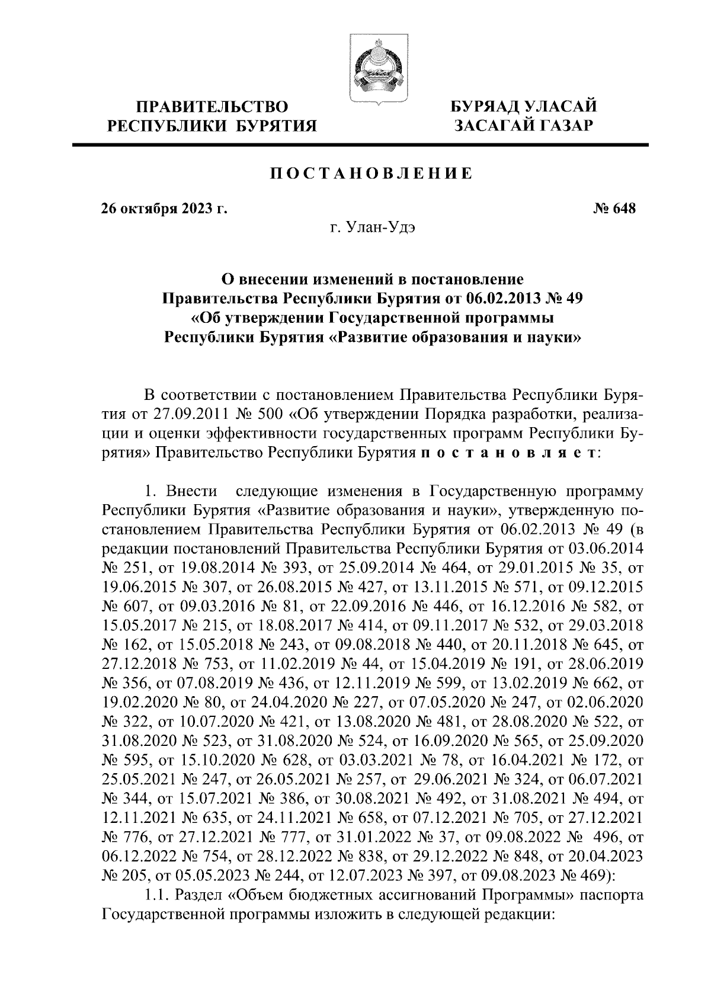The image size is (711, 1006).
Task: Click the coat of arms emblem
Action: (x=375, y=69)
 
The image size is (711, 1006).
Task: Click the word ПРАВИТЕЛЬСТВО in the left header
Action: (x=212, y=107)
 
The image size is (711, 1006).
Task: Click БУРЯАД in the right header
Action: (x=487, y=107)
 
